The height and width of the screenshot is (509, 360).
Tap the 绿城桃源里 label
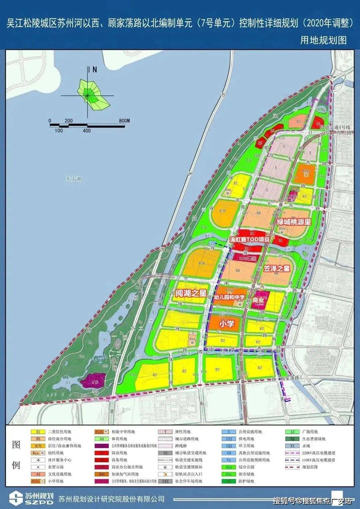294,222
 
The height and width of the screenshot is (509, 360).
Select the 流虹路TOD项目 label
250,239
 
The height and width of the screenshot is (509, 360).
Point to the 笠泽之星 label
277,268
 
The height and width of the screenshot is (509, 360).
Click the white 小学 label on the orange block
227,323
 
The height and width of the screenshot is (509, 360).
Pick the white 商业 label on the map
258,300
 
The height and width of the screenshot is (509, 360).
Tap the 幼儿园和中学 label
229,297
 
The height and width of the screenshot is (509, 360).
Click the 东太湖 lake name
73,179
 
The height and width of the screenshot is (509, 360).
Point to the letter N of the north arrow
95,70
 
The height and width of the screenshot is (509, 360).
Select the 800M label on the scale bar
124,121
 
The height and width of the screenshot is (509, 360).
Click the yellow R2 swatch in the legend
38,432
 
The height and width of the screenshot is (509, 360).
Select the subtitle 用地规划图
323,40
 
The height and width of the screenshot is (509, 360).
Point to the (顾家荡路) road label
293,379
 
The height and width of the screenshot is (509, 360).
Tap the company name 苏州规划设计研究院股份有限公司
111,499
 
